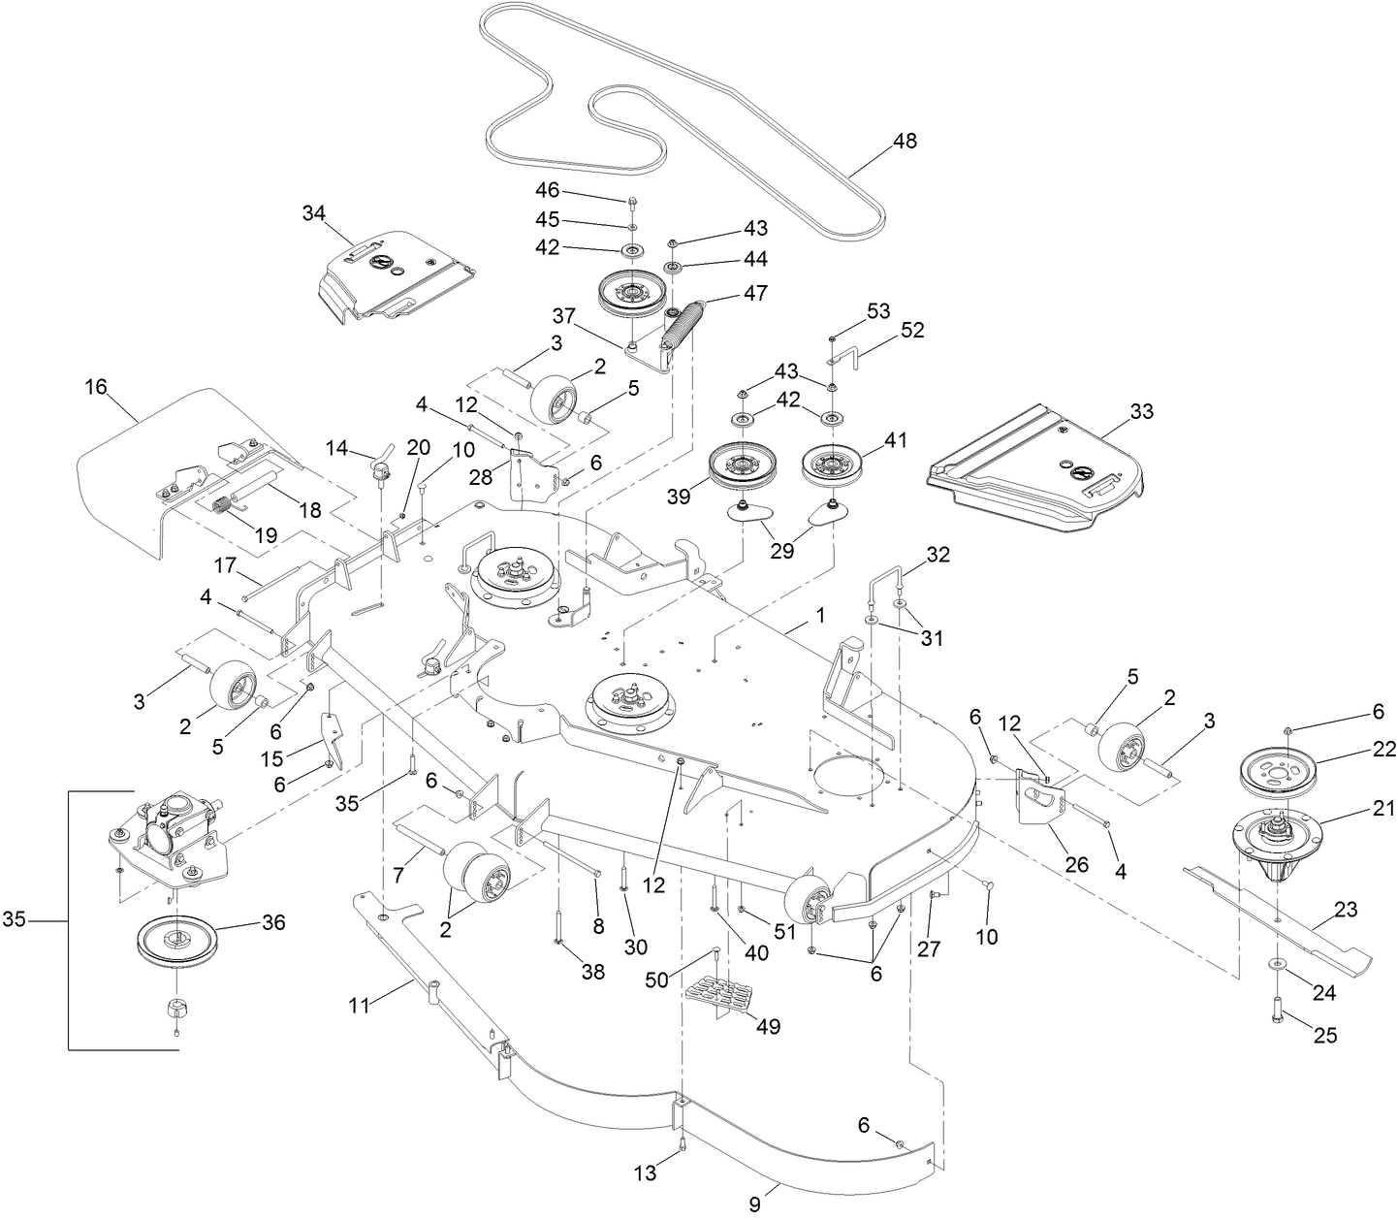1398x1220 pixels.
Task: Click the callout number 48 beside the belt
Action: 904,141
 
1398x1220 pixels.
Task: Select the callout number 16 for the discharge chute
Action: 95,388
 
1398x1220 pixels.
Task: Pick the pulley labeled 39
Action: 742,470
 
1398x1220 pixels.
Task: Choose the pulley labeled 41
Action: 833,467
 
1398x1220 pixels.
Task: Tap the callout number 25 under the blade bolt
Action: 1325,1036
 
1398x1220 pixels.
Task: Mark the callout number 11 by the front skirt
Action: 360,1007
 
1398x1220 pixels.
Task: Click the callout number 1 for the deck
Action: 821,615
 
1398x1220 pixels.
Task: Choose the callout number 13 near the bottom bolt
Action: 646,1173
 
